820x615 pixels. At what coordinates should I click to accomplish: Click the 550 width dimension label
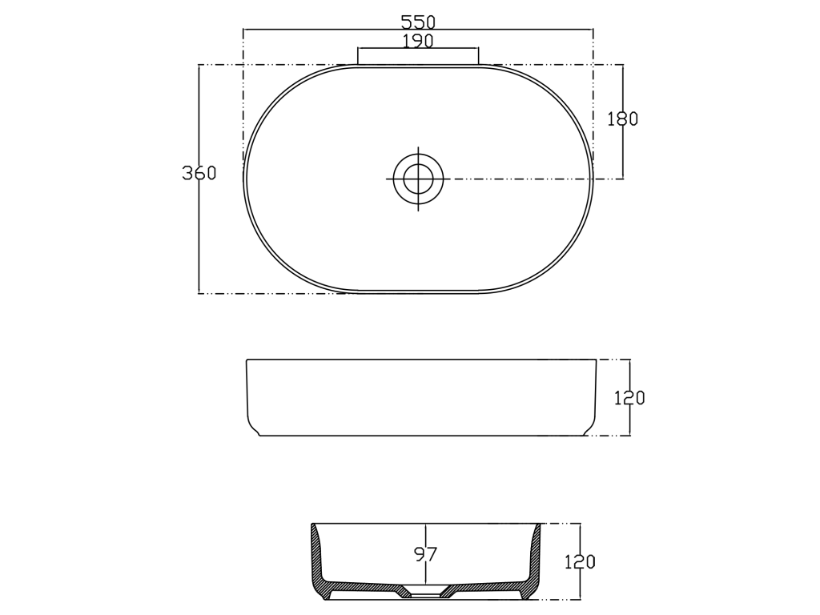click(418, 22)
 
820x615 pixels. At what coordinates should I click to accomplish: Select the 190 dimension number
click(418, 41)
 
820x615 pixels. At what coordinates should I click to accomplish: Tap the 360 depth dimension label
click(199, 173)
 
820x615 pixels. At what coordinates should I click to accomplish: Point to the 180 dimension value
click(622, 119)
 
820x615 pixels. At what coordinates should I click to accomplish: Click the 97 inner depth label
click(425, 554)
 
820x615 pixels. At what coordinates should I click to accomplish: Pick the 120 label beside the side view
click(629, 398)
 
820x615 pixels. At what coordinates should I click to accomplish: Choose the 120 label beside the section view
click(580, 561)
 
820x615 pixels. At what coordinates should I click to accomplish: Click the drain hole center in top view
click(418, 179)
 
